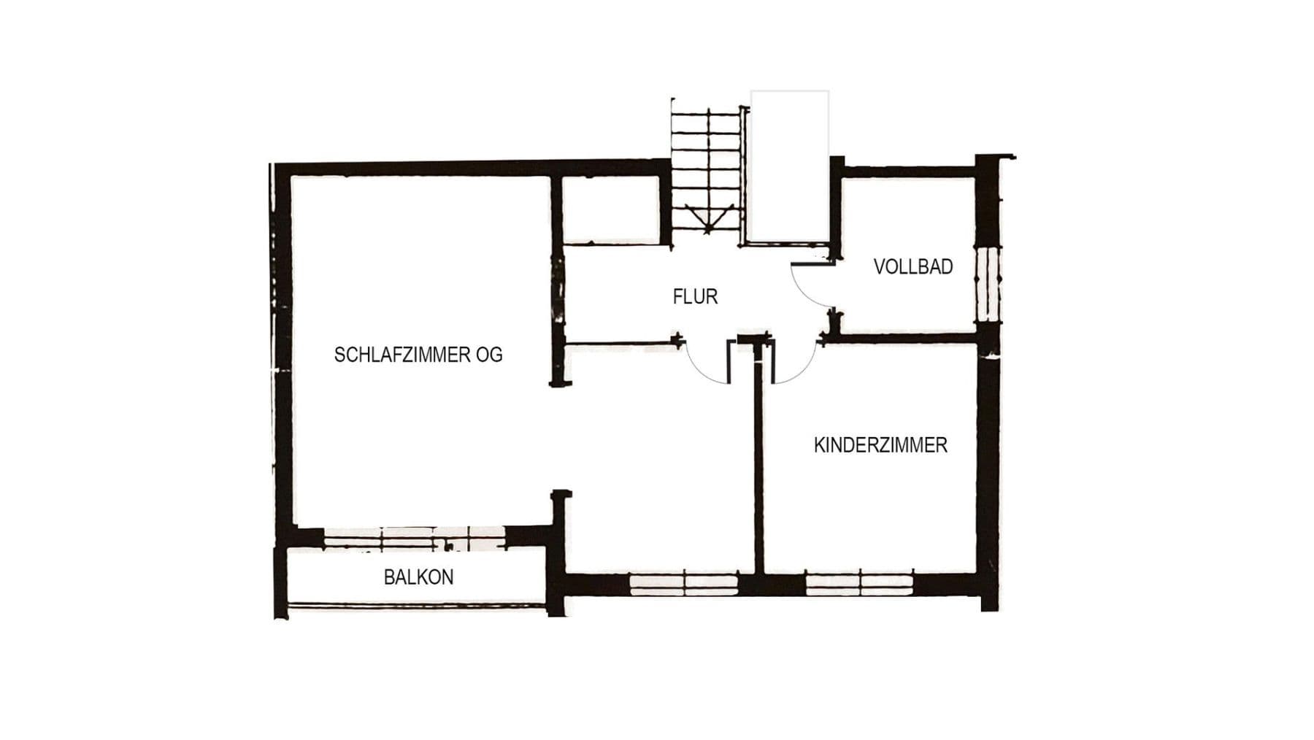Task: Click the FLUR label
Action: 695,296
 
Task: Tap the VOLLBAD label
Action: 912,266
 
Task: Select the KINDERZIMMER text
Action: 880,444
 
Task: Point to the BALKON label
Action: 418,577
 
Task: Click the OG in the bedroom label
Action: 489,355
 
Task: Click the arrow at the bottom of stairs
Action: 707,219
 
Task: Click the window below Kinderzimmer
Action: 859,584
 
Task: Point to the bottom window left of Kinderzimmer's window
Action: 683,584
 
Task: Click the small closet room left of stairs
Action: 612,209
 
